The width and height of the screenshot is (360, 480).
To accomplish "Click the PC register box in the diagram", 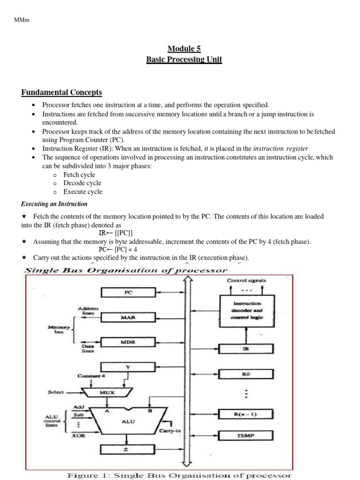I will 127,292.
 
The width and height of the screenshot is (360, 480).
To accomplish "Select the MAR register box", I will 127,317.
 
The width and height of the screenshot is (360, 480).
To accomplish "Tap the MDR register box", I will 127,342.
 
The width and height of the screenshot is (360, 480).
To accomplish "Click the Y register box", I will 127,367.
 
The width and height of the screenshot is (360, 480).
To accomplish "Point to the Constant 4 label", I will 93,376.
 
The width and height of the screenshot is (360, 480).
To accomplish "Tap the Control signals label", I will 247,280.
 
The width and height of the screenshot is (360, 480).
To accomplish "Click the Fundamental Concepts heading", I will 61,92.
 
